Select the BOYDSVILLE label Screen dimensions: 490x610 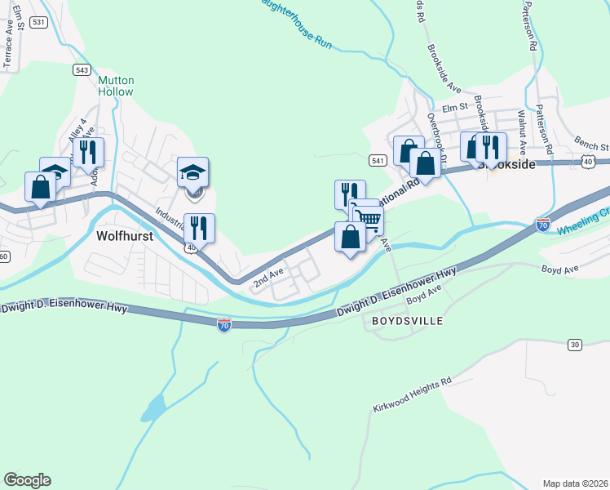click(407, 321)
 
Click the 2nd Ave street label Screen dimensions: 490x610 click(267, 277)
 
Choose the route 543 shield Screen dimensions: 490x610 click(81, 69)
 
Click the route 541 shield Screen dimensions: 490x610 click(377, 161)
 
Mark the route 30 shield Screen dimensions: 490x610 click(575, 345)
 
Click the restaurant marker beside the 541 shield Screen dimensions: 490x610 click(350, 194)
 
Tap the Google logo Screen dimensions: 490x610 click(27, 480)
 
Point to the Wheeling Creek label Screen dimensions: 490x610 click(583, 227)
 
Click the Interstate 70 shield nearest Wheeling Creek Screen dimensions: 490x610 click(543, 224)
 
